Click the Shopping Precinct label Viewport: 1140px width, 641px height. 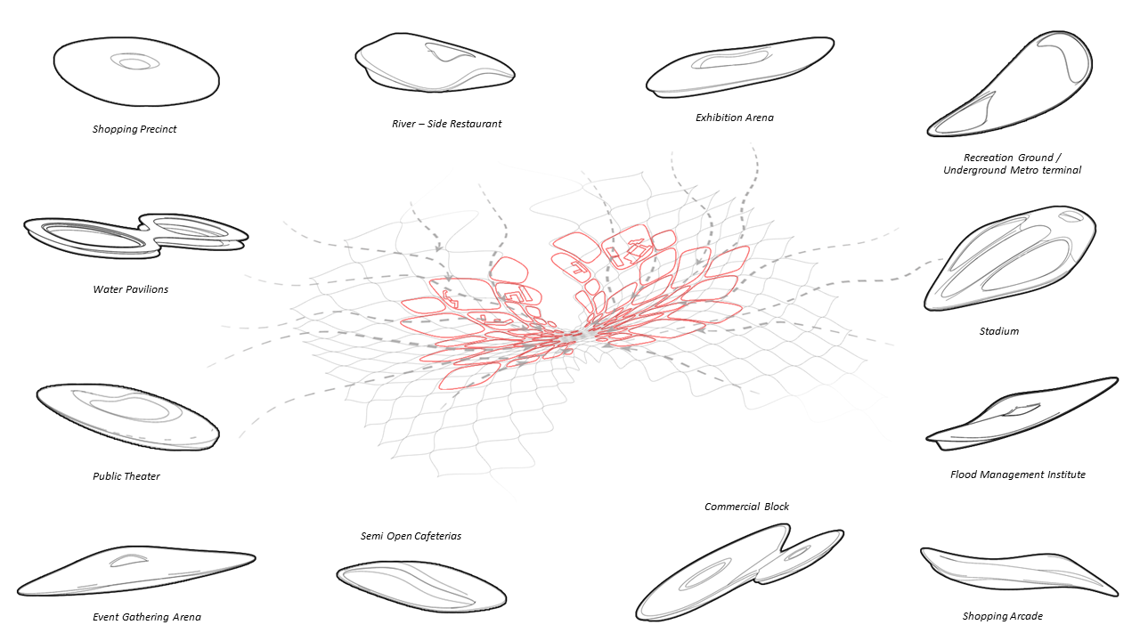[134, 129]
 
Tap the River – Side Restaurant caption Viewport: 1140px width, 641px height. [446, 124]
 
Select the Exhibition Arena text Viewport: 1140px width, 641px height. [734, 118]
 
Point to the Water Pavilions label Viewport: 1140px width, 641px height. [130, 289]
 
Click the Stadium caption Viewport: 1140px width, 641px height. [998, 331]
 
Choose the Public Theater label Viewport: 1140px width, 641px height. [126, 476]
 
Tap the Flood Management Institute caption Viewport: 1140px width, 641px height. [1017, 475]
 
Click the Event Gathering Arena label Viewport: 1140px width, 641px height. [147, 617]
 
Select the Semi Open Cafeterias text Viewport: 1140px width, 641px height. [411, 536]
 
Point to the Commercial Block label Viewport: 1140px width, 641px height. [746, 507]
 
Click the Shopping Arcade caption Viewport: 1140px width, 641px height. [1002, 616]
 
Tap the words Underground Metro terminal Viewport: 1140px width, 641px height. [1012, 170]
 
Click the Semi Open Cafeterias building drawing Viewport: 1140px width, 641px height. [420, 586]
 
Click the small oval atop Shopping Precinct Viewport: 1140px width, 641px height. [135, 62]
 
